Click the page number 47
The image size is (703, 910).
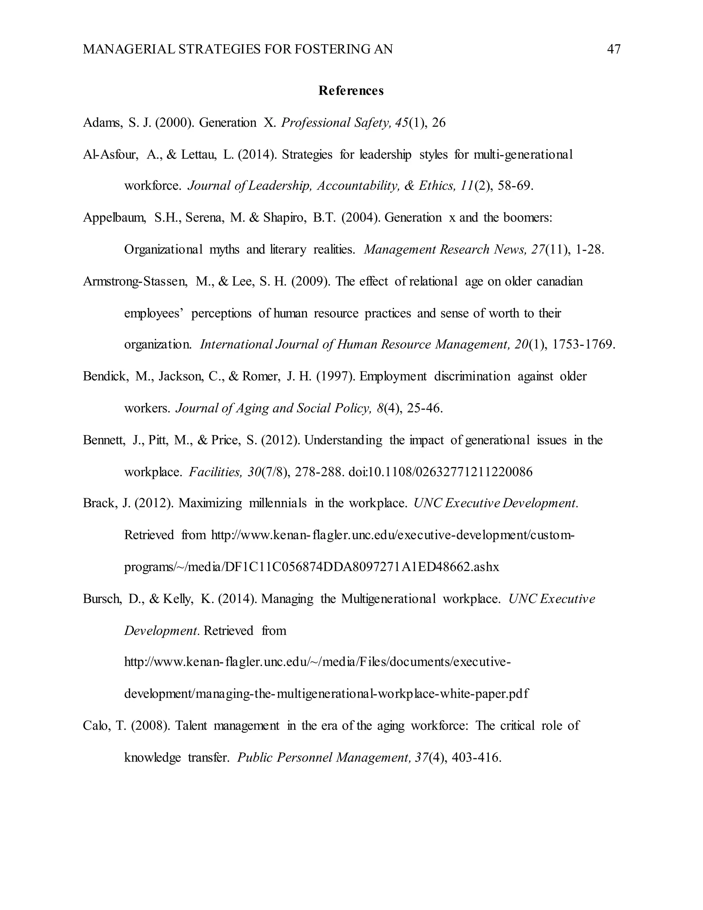click(x=613, y=49)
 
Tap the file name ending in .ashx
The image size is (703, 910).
click(x=312, y=567)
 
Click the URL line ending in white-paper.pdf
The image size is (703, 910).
click(x=326, y=694)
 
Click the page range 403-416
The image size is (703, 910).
click(x=476, y=757)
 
